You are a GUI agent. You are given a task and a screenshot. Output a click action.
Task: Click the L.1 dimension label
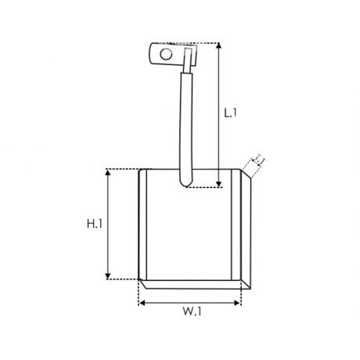pos(230,113)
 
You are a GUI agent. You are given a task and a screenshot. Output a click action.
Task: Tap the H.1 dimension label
pos(95,224)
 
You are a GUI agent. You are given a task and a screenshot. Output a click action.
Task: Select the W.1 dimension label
pos(192,311)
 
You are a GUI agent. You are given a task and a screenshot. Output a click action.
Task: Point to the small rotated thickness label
pos(259,160)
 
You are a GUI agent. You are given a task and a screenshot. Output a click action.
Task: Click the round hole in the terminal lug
pos(166,55)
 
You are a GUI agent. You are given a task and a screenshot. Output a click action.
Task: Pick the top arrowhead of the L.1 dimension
pos(219,46)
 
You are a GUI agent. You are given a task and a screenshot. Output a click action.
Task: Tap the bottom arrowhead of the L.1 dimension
pos(219,184)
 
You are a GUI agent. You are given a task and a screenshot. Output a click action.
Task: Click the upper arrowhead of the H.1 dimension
pos(108,172)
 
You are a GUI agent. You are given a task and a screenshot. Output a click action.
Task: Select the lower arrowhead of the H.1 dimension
pos(108,276)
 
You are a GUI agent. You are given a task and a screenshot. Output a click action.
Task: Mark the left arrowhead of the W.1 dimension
pos(142,303)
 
